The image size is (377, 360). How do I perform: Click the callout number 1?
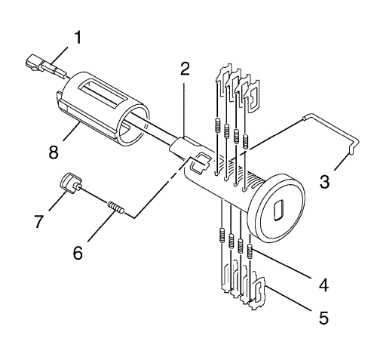coord(78,38)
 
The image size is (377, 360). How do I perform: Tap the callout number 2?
coord(185,69)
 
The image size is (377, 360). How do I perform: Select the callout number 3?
coord(324,182)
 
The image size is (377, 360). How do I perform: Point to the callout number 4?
coord(323,285)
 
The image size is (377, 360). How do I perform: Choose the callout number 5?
coord(323,318)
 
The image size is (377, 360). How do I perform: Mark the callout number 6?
coord(78,252)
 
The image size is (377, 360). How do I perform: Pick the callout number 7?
coord(39,221)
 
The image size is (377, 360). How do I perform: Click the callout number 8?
coord(54,152)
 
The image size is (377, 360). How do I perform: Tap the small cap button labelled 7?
coord(71,184)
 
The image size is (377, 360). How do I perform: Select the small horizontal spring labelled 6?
coord(115,208)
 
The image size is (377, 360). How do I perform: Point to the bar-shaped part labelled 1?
coord(46,66)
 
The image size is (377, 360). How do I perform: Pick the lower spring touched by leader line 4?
coord(250,251)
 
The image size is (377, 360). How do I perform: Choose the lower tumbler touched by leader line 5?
coord(257,293)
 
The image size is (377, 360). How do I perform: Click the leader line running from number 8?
coord(72,132)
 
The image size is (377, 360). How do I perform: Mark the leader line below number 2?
coord(184,111)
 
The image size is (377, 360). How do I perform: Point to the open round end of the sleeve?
coord(133,125)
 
